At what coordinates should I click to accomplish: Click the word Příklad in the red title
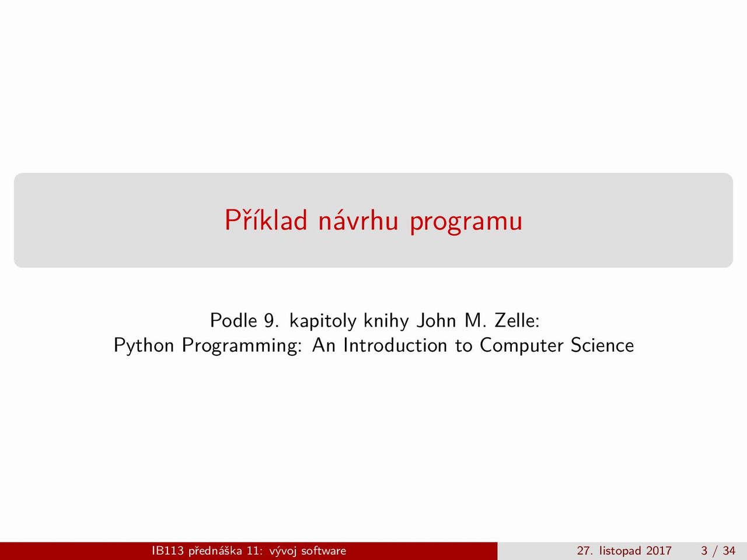coord(266,220)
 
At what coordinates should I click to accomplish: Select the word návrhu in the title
coord(358,220)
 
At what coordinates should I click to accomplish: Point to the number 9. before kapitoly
coord(271,321)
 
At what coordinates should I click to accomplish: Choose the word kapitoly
coord(323,321)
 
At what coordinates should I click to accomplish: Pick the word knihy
coord(386,321)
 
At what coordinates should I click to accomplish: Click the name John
coord(437,320)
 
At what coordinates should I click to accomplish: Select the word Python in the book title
coord(144,346)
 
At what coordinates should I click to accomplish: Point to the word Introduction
coord(395,345)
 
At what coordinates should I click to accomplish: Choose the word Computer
coord(521,346)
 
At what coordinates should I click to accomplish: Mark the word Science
coord(602,345)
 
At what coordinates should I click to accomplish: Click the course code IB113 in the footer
coord(167,551)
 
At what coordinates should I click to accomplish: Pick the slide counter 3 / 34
coord(718,551)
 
